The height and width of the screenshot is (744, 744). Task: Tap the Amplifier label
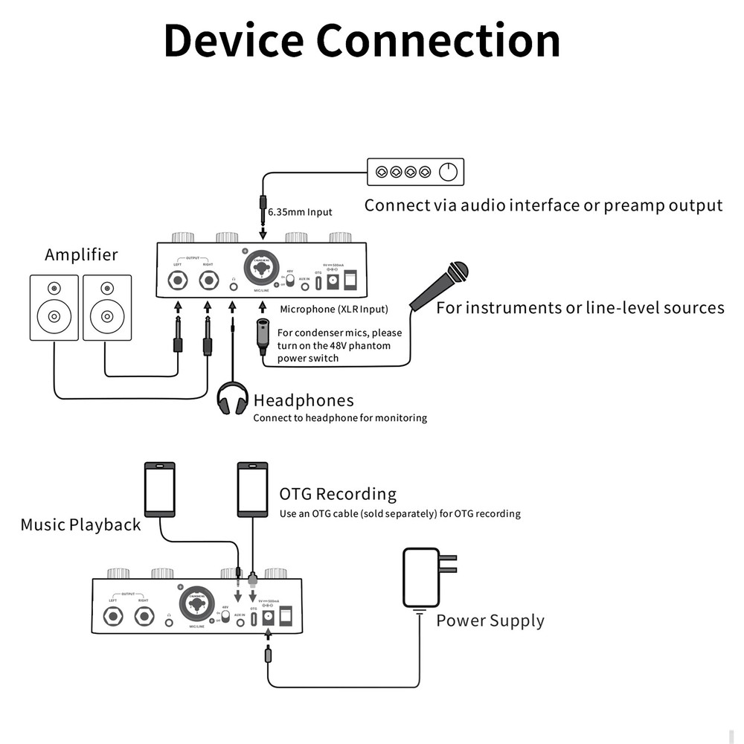click(81, 254)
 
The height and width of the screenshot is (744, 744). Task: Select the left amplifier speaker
click(54, 307)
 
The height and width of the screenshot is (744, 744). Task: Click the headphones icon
click(232, 399)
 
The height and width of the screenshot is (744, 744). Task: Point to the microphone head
click(457, 272)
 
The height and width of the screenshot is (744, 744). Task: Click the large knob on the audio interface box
click(448, 173)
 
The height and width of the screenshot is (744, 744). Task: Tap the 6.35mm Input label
click(300, 212)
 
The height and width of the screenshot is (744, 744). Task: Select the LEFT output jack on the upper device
click(179, 281)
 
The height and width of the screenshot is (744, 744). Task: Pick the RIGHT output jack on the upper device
click(209, 281)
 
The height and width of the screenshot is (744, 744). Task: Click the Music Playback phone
click(160, 490)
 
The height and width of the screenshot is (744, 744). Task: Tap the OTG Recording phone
click(252, 490)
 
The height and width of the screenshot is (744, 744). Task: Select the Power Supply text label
click(490, 620)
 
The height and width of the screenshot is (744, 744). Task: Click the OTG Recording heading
click(338, 494)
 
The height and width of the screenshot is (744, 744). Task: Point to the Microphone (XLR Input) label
click(334, 309)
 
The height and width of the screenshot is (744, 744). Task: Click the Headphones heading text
click(304, 401)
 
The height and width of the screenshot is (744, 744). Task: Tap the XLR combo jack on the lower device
click(197, 603)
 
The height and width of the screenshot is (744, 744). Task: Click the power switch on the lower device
click(285, 615)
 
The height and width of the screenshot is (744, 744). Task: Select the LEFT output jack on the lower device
click(114, 617)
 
